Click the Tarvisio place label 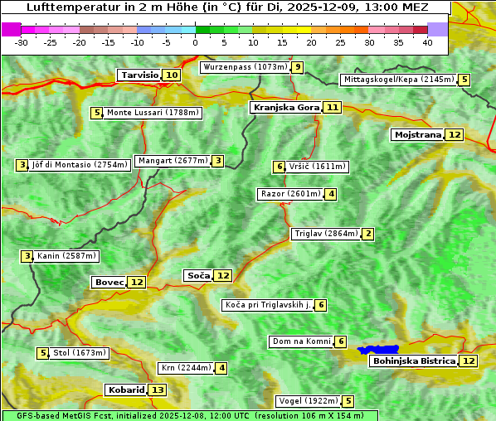coord(139,75)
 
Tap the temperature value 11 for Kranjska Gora coord(333,108)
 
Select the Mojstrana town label coord(417,134)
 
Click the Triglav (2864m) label coord(326,234)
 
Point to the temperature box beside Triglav coord(367,234)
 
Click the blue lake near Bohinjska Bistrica coord(378,350)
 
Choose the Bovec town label coord(109,282)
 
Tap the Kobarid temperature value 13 coord(157,390)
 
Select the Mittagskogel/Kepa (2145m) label coord(398,80)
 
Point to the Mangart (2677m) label coord(173,161)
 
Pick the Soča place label coord(198,275)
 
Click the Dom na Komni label coord(301,341)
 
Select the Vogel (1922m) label coord(308,401)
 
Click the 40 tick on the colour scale coord(427,41)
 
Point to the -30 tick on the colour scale coord(22,41)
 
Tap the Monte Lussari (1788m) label coord(153,113)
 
